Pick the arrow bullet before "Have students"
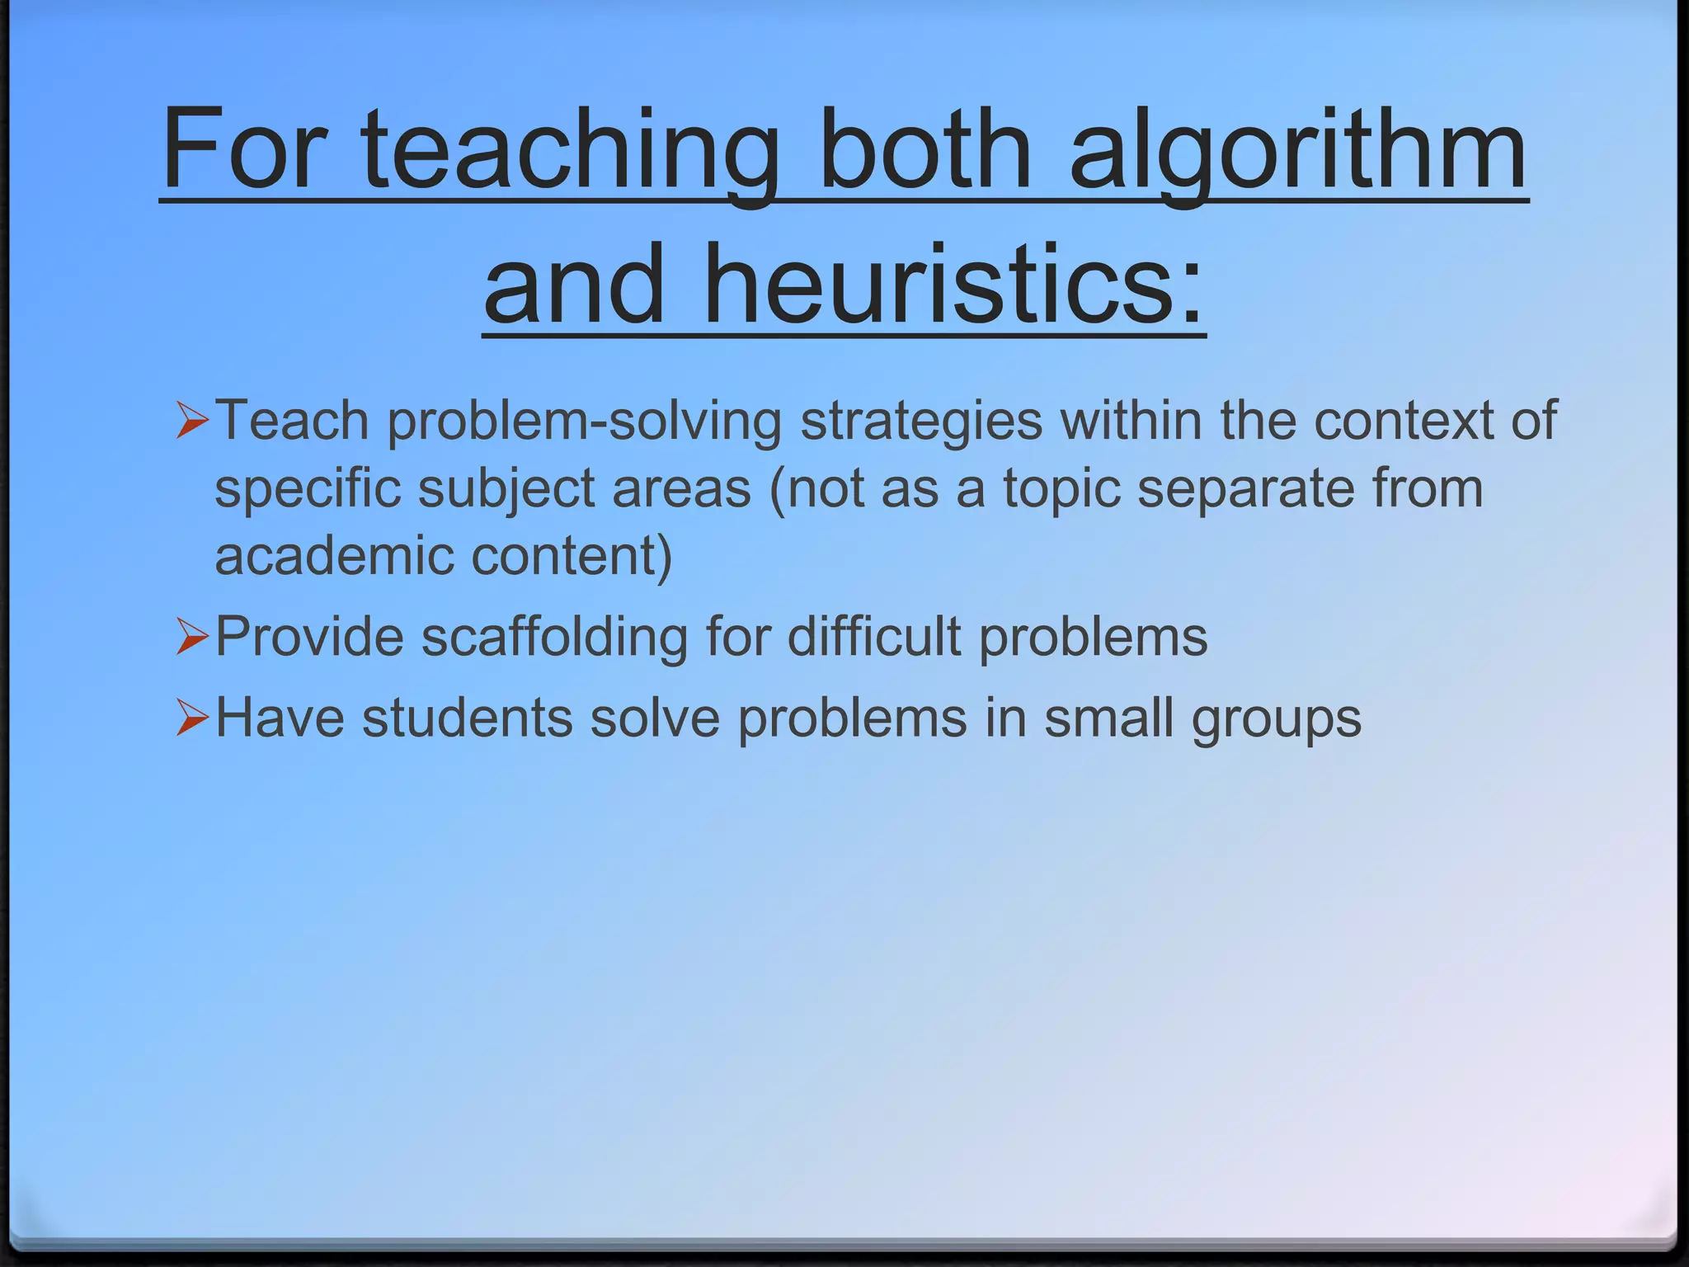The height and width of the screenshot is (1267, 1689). tap(192, 717)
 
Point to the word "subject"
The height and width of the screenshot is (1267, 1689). tap(506, 489)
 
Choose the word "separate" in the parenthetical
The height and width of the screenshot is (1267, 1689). tap(1245, 489)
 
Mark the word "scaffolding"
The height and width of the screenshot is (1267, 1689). tap(554, 637)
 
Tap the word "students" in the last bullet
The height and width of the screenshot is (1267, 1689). tap(467, 717)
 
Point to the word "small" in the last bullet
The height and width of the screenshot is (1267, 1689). tap(1108, 717)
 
